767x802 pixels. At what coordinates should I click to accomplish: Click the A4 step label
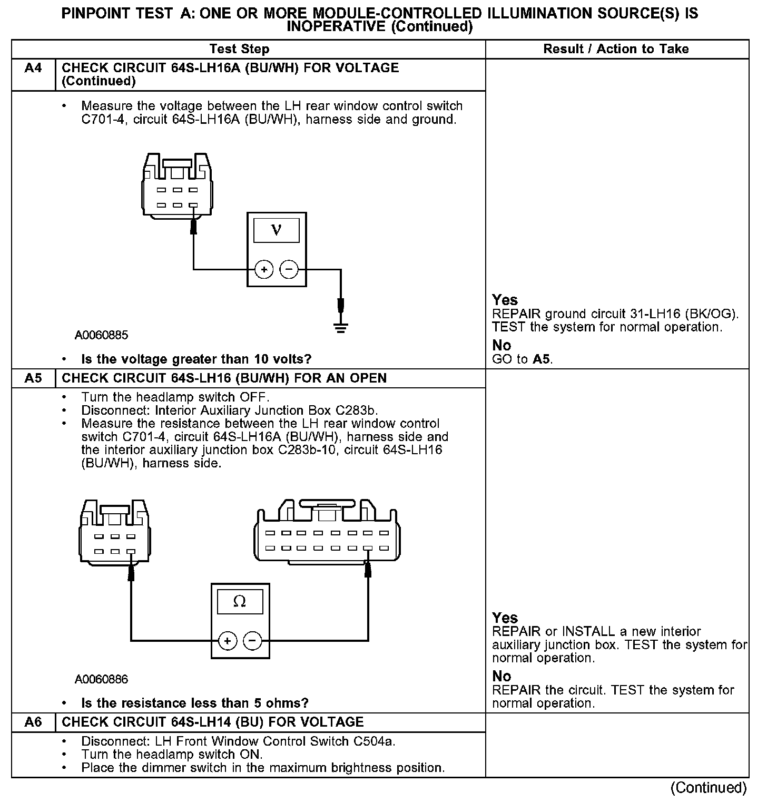33,69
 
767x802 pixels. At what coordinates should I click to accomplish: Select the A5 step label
33,378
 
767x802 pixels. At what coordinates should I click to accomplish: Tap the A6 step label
33,722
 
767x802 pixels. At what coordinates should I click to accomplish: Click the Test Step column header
239,49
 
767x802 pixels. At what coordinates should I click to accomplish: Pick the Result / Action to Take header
616,49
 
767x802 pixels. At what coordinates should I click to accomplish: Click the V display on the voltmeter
276,230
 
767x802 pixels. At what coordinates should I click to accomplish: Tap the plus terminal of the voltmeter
263,270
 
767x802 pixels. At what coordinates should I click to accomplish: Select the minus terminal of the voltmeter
288,270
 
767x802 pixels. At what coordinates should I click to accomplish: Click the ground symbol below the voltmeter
341,329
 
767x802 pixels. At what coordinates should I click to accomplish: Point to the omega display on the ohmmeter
240,601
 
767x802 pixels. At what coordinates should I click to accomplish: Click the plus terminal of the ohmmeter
227,641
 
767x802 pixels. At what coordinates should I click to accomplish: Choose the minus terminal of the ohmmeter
252,641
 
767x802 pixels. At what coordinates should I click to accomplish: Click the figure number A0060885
101,335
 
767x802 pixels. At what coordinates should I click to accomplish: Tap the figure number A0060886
101,679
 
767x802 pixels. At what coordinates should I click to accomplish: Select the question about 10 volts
196,359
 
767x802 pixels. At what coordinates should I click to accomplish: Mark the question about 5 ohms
194,703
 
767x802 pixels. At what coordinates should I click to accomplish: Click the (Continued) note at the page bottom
709,787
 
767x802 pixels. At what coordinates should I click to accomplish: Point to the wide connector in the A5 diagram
327,532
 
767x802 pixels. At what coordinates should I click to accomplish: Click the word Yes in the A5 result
505,618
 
